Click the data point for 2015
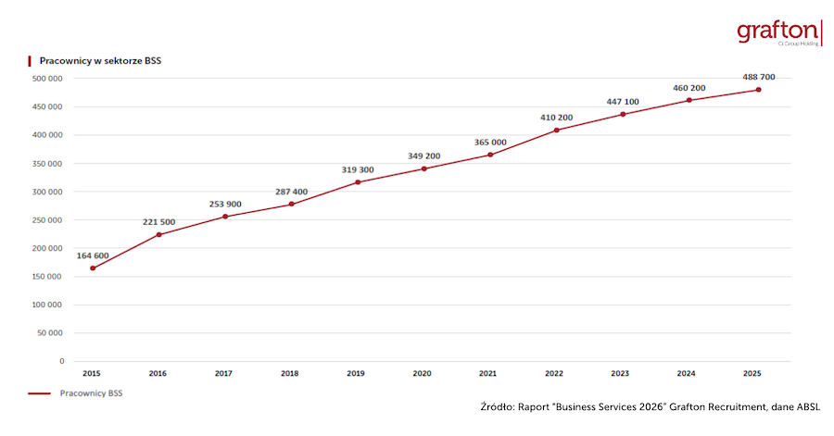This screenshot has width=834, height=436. tap(93, 268)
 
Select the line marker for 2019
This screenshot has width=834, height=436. tap(357, 182)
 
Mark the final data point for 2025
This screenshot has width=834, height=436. tap(758, 90)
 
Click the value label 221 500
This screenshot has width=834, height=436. tap(158, 222)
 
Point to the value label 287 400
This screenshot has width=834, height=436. tap(291, 192)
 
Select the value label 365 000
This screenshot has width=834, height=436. tap(490, 142)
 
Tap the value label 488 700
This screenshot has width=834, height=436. tap(758, 77)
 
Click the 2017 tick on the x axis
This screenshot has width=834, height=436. tap(223, 373)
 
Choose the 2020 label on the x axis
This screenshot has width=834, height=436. tap(422, 373)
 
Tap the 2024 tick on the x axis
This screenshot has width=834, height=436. tap(688, 373)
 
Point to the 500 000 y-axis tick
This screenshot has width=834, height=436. tap(47, 79)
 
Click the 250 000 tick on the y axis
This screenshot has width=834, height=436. tap(47, 219)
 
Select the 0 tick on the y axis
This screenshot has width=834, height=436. tap(61, 361)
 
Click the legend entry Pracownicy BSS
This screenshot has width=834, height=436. tap(91, 392)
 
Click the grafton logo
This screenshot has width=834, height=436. tap(779, 32)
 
